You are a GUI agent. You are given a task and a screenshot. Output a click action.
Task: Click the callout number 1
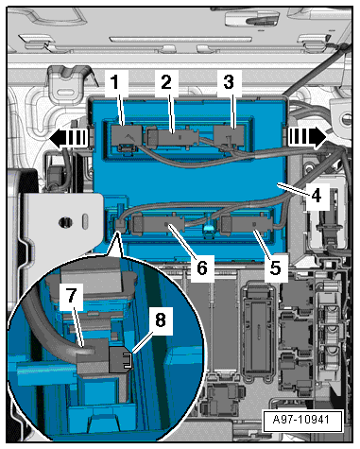(115, 82)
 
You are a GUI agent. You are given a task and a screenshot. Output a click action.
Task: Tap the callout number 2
(166, 82)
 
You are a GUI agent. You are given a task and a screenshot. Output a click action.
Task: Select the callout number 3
(229, 82)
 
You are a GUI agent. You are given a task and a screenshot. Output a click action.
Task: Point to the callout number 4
(317, 196)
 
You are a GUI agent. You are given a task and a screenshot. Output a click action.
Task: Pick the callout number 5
(276, 268)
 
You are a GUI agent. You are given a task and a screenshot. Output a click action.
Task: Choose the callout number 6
(202, 268)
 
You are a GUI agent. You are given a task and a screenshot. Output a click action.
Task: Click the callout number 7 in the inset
(72, 296)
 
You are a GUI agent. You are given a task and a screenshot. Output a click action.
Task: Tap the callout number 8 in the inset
(161, 319)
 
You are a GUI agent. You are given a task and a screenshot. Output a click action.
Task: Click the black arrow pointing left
(68, 138)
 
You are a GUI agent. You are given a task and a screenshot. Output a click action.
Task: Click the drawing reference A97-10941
(301, 420)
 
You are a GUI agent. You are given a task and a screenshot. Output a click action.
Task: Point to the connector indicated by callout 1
(126, 137)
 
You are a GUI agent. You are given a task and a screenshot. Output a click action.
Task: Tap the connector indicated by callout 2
(172, 137)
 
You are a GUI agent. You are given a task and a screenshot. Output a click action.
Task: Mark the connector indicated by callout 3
(230, 138)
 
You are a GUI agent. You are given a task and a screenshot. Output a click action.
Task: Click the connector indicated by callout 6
(159, 224)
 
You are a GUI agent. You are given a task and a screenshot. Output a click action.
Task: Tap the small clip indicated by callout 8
(120, 359)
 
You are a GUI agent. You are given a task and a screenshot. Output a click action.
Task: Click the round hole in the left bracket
(65, 222)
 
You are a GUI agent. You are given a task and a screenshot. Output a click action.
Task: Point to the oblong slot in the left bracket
(85, 221)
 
